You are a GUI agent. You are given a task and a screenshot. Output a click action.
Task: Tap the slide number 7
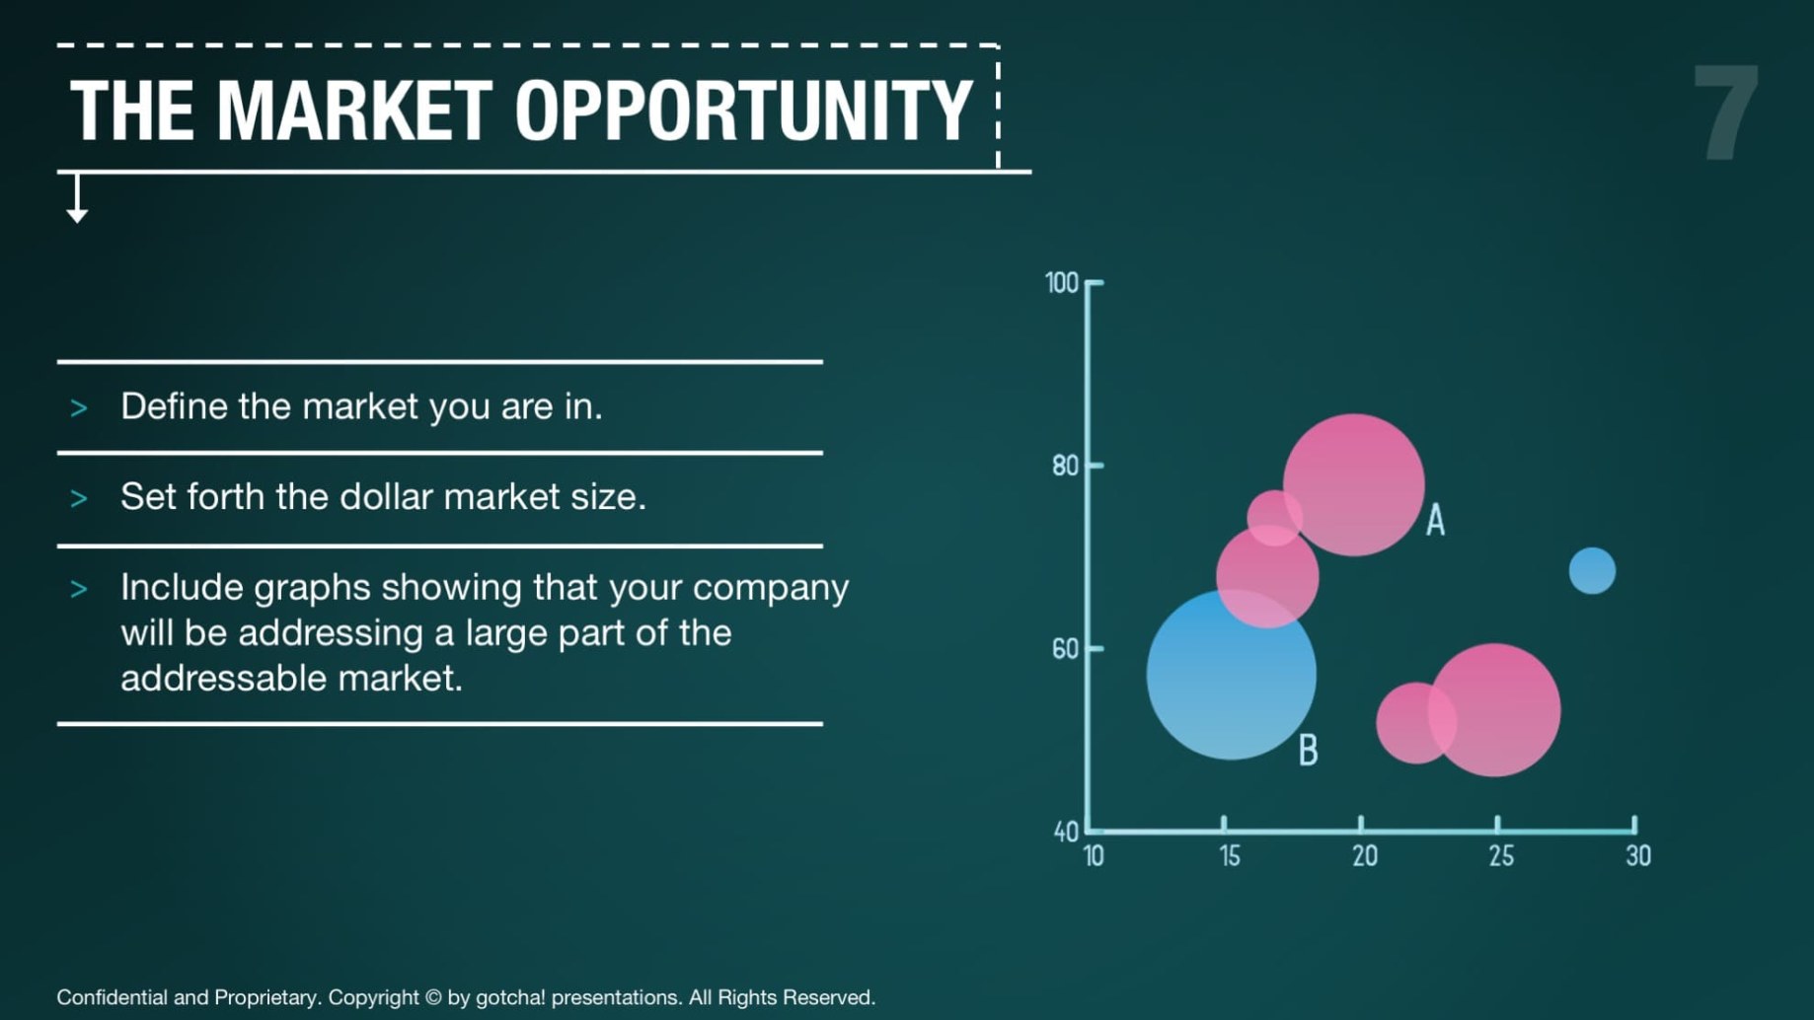(x=1726, y=112)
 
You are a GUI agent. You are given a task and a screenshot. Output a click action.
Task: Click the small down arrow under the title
(x=77, y=198)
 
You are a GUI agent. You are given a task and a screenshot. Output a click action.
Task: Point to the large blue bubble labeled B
(x=1231, y=675)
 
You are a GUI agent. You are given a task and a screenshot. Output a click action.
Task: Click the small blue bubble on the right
(x=1592, y=571)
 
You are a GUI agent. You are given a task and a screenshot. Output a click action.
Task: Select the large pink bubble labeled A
(x=1354, y=484)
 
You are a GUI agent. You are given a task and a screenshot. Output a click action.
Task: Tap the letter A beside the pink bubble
(x=1436, y=520)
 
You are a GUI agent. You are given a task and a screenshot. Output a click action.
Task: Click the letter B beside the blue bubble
(x=1309, y=751)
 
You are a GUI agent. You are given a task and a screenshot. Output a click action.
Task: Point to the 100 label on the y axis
(x=1062, y=283)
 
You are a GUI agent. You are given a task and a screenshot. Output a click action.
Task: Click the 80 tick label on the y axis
(x=1066, y=466)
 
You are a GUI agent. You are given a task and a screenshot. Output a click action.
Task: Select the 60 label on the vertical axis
(x=1066, y=649)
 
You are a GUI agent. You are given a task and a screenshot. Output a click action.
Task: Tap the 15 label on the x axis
(x=1230, y=856)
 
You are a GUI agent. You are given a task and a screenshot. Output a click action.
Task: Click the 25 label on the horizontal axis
(x=1501, y=856)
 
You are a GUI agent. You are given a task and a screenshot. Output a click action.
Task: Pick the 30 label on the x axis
(x=1638, y=856)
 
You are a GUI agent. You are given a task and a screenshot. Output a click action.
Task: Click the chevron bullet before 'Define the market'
(x=79, y=408)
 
